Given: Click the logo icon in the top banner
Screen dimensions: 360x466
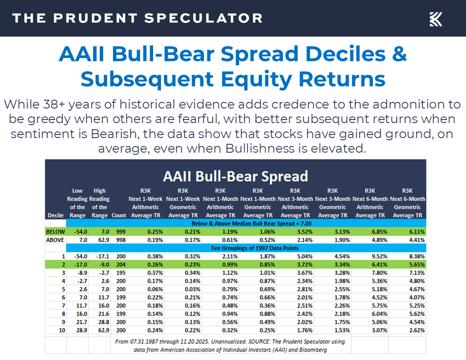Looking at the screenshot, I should [x=436, y=19].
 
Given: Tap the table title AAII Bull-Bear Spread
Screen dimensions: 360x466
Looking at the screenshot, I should [x=235, y=176].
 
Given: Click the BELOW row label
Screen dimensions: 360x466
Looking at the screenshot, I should [x=56, y=232].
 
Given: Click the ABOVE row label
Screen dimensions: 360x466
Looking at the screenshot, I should [x=56, y=240].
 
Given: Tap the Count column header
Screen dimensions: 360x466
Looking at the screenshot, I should [x=119, y=215].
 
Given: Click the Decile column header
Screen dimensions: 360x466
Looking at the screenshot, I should [x=55, y=215].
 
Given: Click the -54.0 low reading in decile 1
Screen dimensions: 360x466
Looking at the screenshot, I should [x=78, y=256].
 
